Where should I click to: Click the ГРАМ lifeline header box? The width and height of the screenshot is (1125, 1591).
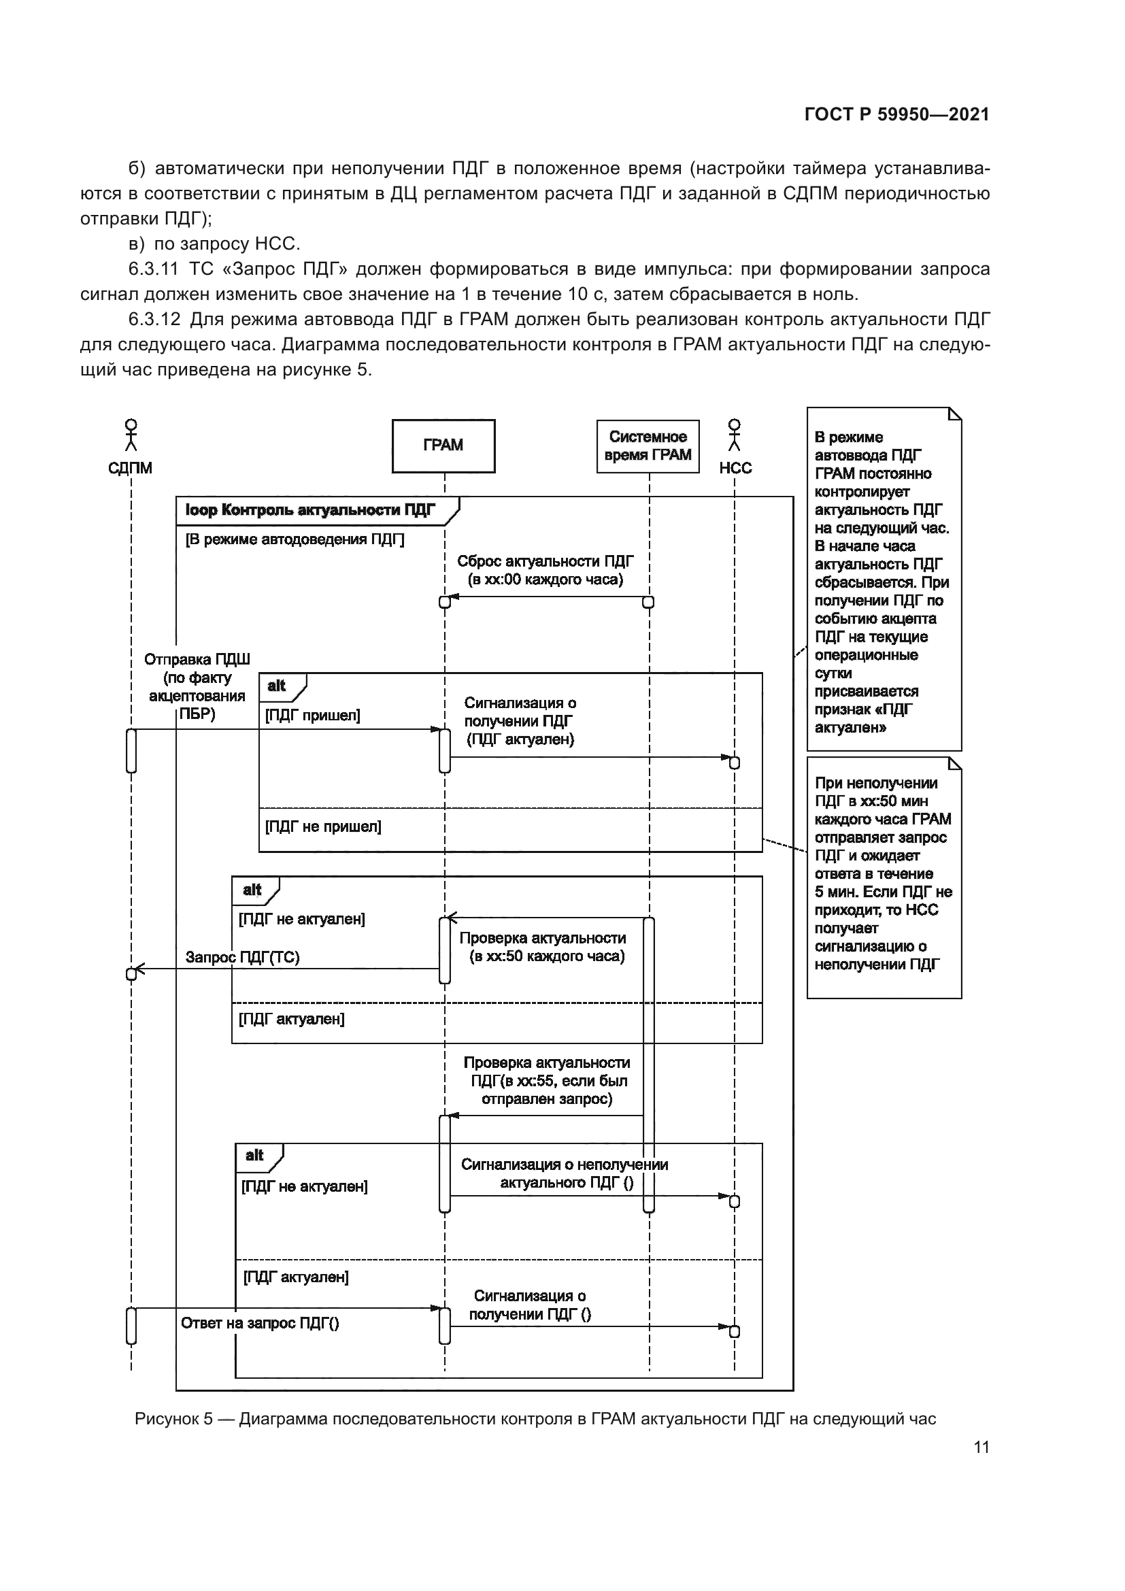click(x=443, y=446)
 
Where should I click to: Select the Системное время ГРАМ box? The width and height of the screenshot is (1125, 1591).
click(x=648, y=446)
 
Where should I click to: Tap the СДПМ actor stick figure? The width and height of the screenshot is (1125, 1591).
click(x=130, y=435)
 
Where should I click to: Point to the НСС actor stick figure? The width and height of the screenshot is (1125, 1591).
click(x=735, y=435)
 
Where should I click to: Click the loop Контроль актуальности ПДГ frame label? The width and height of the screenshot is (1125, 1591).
click(x=310, y=511)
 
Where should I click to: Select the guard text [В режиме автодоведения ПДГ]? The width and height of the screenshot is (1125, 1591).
click(x=295, y=539)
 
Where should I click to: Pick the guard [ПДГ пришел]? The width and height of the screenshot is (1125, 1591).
click(x=312, y=715)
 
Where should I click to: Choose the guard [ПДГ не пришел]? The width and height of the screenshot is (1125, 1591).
click(x=323, y=826)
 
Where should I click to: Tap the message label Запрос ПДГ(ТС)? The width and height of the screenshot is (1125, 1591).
click(x=242, y=957)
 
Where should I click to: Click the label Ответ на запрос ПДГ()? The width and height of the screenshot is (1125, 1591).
click(x=260, y=1323)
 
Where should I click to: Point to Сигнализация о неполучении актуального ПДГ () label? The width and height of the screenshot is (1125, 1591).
click(x=565, y=1174)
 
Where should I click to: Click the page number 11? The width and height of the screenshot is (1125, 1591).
click(x=981, y=1447)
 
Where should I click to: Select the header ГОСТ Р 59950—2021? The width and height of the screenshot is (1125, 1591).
click(x=896, y=114)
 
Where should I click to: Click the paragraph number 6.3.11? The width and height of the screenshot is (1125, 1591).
click(x=153, y=269)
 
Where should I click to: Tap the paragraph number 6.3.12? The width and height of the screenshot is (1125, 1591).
click(x=154, y=320)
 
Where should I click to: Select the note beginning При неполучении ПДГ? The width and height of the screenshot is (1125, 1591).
click(x=884, y=873)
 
